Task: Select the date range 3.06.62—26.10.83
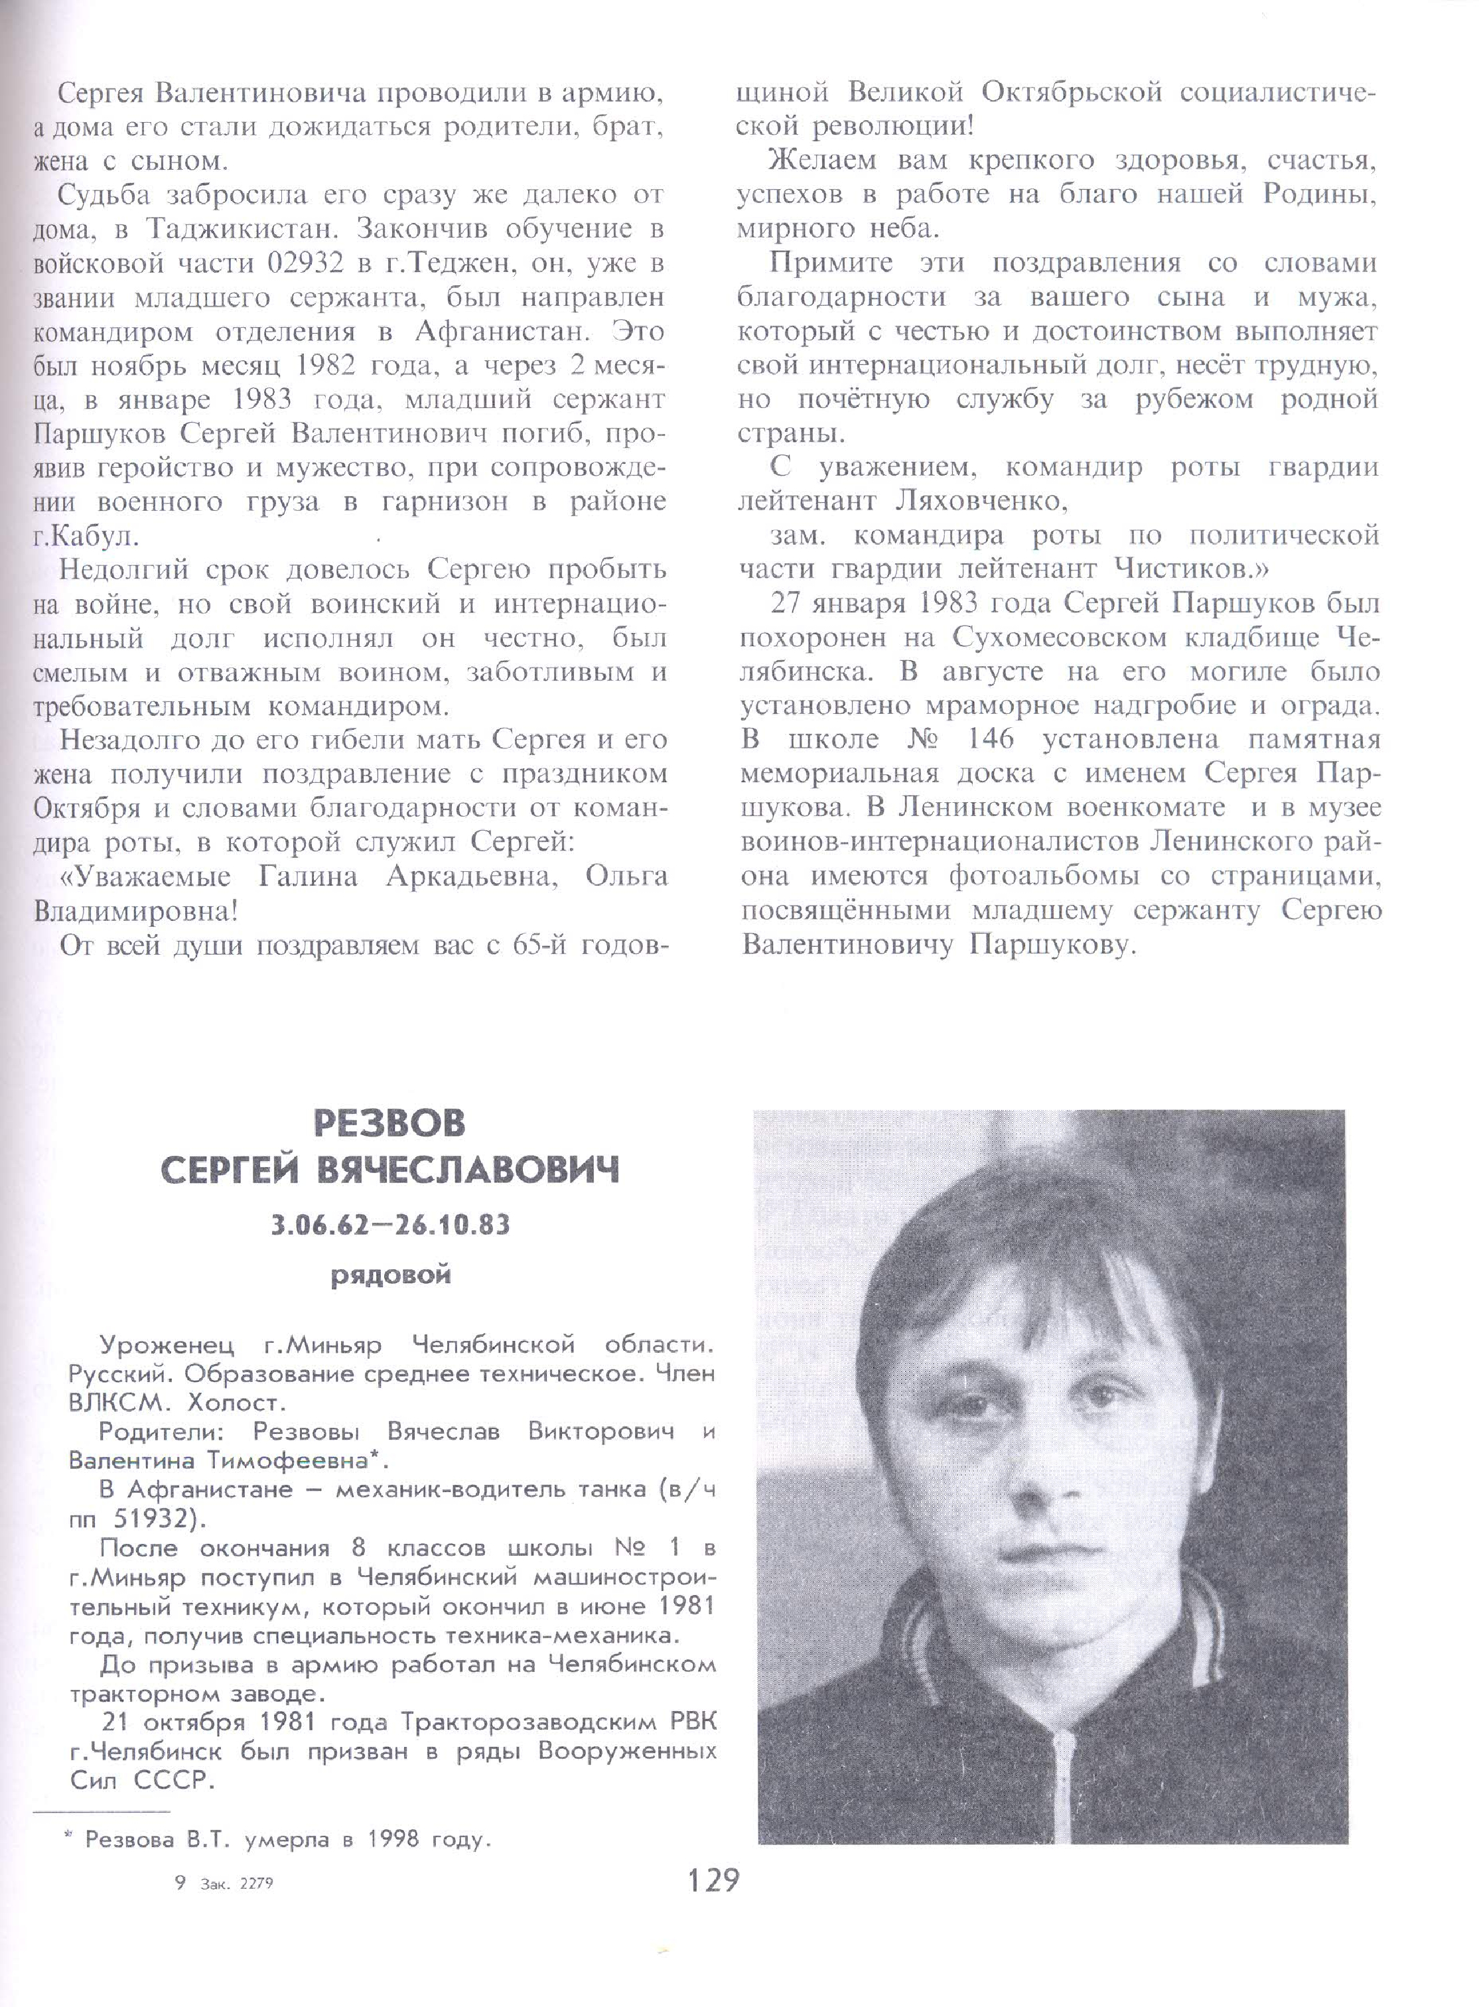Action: (x=390, y=1223)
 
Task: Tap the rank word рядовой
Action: (x=391, y=1275)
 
